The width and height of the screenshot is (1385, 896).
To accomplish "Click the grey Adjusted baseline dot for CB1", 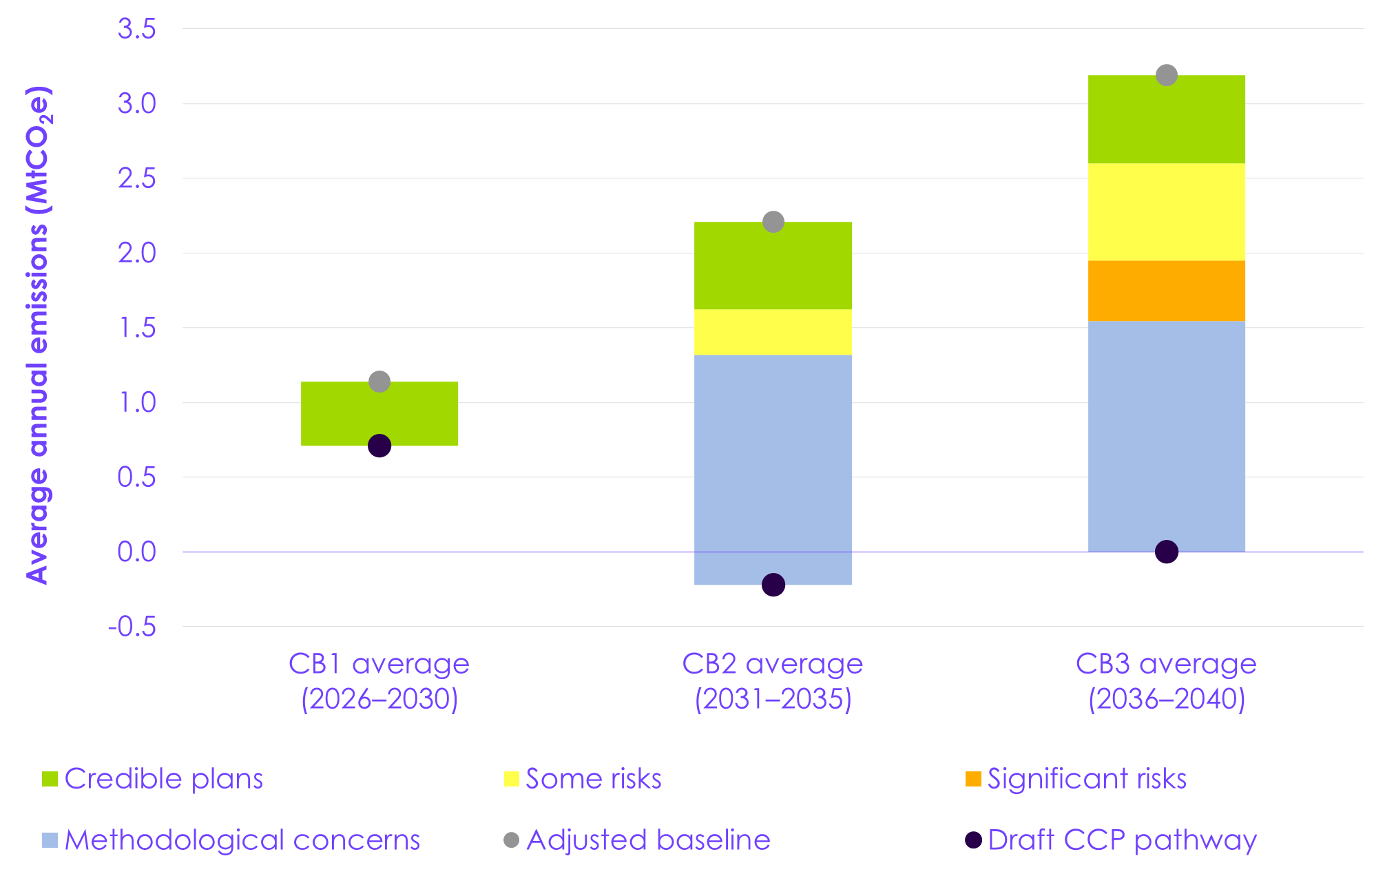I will click(x=379, y=382).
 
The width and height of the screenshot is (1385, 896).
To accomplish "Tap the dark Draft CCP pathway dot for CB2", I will click(x=773, y=585).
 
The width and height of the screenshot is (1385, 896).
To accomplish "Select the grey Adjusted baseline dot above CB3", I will click(x=1167, y=75).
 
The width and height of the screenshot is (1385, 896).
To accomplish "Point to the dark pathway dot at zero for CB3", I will click(x=1167, y=552).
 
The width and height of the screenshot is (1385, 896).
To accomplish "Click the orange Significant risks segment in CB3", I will click(x=1167, y=291).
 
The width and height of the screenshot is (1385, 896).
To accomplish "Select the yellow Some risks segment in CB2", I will click(x=773, y=332).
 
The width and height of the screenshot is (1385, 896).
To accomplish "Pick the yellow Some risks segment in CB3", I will click(x=1167, y=211).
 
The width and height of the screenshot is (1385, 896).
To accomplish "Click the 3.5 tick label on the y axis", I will click(x=136, y=29).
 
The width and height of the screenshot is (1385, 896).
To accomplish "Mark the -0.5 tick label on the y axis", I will click(x=132, y=627).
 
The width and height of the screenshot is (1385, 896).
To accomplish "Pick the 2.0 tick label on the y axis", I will click(x=136, y=253).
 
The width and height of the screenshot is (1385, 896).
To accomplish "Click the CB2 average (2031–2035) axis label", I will click(x=773, y=681).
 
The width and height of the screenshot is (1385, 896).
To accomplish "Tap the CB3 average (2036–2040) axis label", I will click(x=1167, y=681).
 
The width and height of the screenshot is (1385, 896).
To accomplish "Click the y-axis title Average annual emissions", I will click(x=39, y=335).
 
